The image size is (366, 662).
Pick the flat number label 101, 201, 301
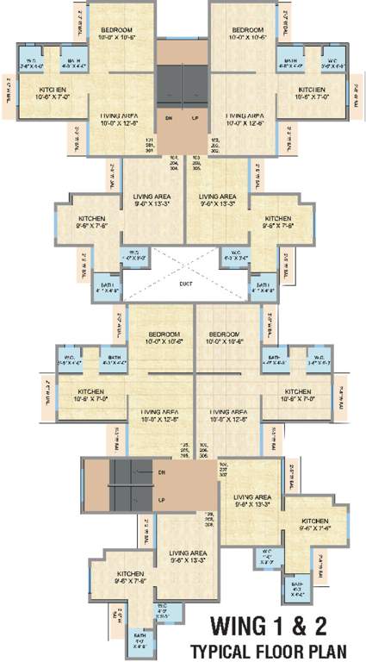tap(149, 143)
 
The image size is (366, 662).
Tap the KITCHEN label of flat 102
tap(313, 91)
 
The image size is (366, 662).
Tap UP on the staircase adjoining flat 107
tap(161, 499)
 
